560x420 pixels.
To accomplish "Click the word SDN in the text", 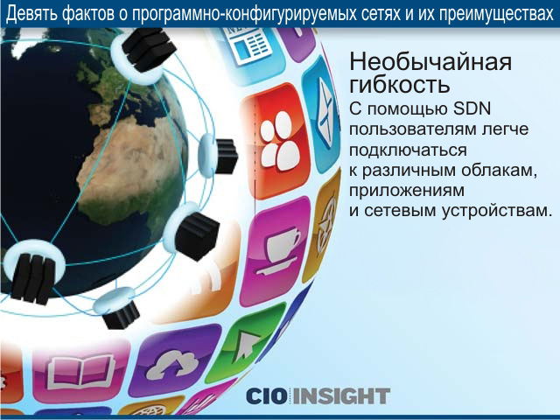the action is pos(472,108).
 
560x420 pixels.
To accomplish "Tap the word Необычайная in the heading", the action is pos(430,61).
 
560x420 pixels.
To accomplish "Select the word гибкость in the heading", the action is pos(399,84).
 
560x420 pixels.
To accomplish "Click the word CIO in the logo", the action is pos(269,396).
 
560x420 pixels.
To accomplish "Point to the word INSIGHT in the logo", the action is pos(342,396).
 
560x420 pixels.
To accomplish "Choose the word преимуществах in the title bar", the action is pos(496,14).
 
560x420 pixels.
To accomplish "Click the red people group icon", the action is pos(279,140).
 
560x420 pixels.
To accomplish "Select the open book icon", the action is pos(80,372).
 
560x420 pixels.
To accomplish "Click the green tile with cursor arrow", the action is pos(246,342).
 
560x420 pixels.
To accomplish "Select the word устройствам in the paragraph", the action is pos(495,211).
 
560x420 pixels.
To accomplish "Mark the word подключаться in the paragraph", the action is pos(408,150).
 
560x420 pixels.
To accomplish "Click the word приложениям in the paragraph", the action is pos(407,191).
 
